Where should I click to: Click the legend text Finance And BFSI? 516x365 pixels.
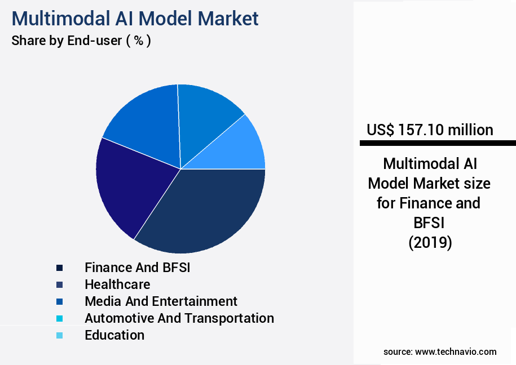[137, 268]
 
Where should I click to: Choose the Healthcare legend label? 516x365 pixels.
[117, 284]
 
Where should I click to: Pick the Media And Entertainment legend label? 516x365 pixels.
[161, 301]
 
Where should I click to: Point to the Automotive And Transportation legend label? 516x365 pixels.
[179, 318]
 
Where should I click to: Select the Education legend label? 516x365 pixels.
[114, 335]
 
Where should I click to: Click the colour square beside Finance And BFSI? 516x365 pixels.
[59, 268]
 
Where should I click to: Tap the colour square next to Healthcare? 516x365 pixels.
[59, 285]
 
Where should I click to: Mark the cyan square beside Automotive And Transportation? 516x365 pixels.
[59, 319]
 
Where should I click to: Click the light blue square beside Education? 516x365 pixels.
[59, 336]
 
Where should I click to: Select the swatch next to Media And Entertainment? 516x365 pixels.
[59, 302]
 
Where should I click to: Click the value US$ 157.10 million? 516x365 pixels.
[430, 130]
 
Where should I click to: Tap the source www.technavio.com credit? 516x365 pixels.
[440, 351]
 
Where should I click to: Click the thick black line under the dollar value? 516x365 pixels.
[438, 144]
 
